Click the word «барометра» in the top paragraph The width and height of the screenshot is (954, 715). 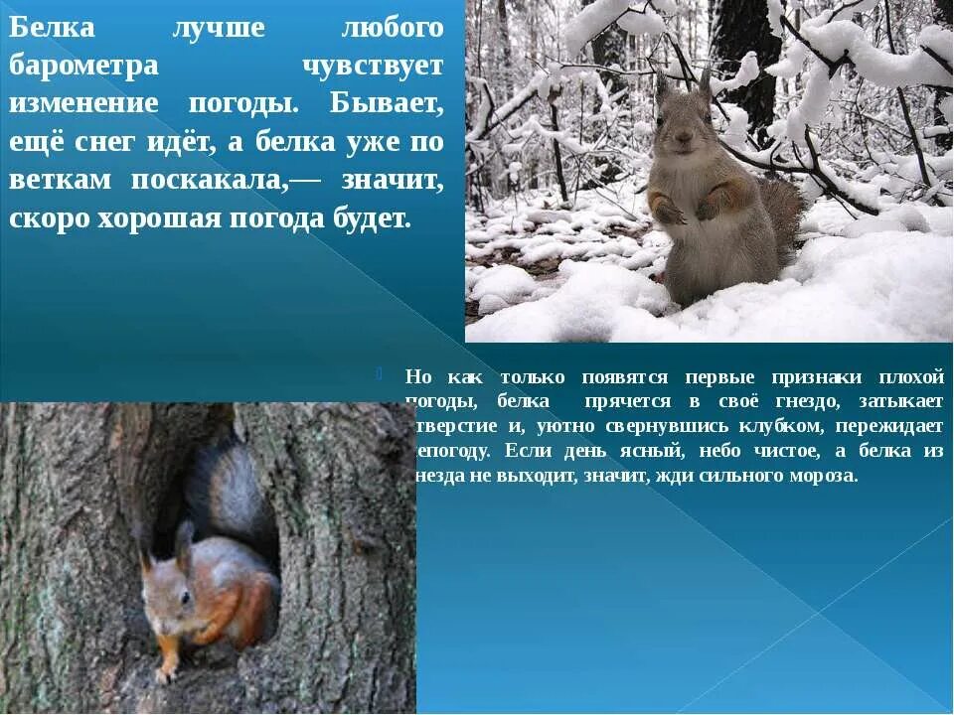click(x=83, y=66)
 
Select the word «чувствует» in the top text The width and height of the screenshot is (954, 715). click(x=372, y=66)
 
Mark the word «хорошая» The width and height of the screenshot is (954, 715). click(x=160, y=218)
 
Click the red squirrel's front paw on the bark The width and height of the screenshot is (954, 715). click(x=167, y=671)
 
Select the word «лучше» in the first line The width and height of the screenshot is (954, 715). click(x=219, y=28)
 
